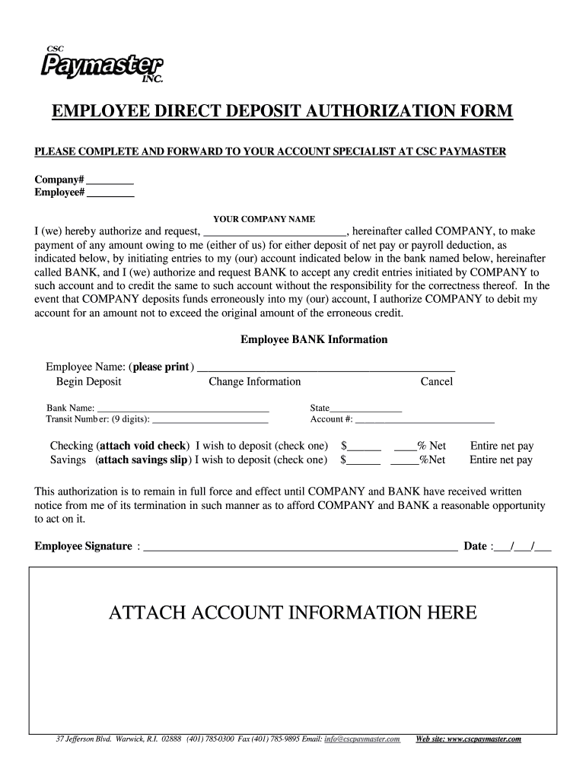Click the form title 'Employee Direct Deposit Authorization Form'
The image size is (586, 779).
click(x=282, y=113)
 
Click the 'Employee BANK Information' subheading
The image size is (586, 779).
click(x=314, y=339)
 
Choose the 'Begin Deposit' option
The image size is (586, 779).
click(x=88, y=382)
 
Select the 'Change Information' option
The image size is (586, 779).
click(x=254, y=382)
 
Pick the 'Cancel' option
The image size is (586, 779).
click(x=436, y=382)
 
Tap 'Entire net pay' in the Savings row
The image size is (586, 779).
click(x=501, y=460)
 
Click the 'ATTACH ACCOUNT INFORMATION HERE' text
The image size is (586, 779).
click(x=293, y=612)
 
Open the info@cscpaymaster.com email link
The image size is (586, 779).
click(x=361, y=739)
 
